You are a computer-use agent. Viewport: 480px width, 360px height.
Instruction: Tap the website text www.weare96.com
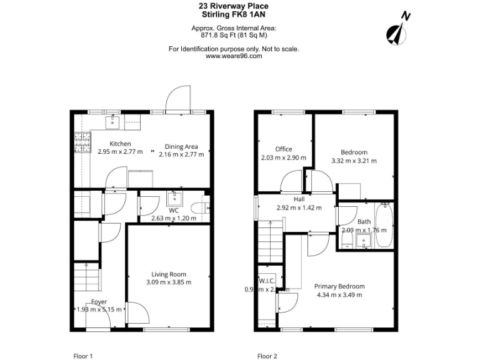234,56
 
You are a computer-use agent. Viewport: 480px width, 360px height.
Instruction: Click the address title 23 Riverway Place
234,6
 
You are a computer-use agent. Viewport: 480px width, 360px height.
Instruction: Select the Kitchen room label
120,144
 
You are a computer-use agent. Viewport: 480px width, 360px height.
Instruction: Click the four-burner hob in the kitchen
82,143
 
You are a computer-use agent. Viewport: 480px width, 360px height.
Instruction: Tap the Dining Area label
181,147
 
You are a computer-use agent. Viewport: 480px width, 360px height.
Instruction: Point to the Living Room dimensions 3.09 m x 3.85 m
169,282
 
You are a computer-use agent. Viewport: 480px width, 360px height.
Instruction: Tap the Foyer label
98,302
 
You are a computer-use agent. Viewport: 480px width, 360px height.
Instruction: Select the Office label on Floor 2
284,149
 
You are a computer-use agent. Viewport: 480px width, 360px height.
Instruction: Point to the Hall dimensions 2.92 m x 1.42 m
299,207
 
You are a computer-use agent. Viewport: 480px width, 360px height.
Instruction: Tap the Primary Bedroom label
339,286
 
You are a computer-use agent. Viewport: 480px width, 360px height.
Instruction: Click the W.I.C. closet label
267,281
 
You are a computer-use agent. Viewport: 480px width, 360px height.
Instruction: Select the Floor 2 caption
266,356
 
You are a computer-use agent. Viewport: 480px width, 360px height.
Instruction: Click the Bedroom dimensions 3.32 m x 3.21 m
354,161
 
